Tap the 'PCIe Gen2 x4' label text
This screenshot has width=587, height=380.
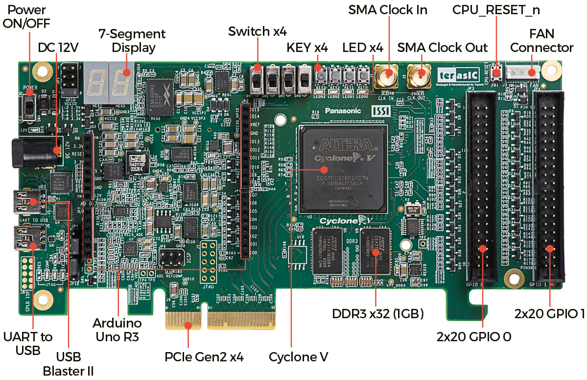pos(204,356)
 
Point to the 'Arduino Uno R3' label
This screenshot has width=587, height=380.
pos(117,330)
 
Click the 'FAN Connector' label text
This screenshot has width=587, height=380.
pos(541,41)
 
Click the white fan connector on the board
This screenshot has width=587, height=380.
pos(523,72)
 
